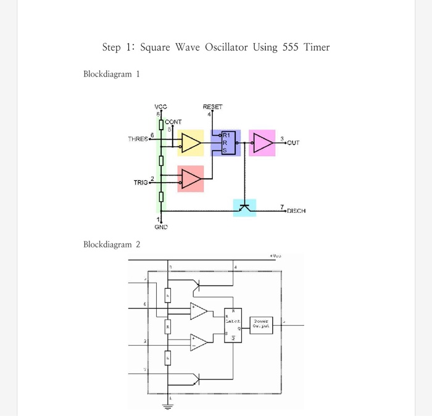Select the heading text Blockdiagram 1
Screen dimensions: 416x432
click(112, 74)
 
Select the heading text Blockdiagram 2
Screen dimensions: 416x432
click(112, 244)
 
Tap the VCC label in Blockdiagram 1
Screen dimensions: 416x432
click(160, 107)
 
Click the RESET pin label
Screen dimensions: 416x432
click(212, 107)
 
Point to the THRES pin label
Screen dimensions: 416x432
click(138, 139)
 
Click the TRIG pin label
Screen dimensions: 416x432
click(141, 182)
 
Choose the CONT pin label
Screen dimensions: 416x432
click(173, 122)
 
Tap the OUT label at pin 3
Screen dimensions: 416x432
click(293, 143)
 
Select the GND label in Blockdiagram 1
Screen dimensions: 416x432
click(161, 227)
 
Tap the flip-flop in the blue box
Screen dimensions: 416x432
click(226, 143)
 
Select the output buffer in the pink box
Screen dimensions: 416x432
click(263, 143)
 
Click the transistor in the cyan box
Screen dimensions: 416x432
click(245, 207)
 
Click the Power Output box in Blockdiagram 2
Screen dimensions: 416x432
click(260, 323)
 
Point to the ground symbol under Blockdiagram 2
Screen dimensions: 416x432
click(167, 406)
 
